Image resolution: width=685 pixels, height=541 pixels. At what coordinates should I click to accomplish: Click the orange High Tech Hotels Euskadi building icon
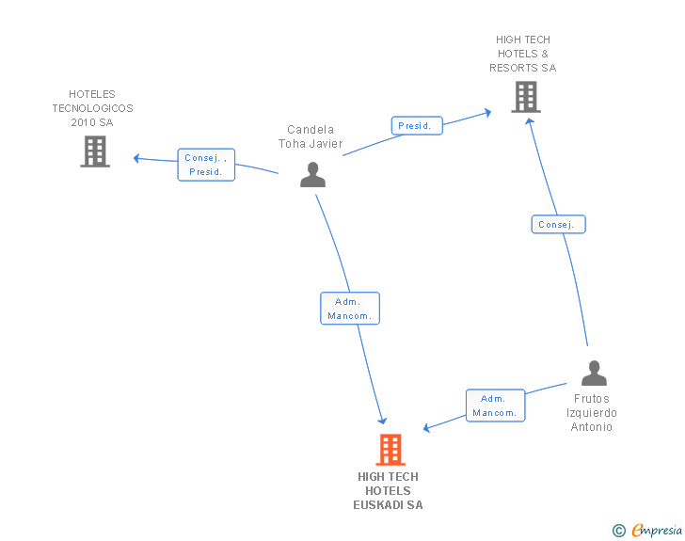[390, 450]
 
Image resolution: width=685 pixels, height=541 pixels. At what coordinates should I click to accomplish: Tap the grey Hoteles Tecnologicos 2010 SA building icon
[95, 151]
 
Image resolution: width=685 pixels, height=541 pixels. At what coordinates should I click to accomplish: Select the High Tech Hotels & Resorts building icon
[525, 96]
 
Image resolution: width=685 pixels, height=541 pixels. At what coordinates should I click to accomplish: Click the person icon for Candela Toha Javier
[312, 174]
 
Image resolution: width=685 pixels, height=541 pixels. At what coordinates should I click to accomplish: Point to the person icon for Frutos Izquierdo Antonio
[594, 374]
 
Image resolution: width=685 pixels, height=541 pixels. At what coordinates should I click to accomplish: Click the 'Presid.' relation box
[416, 125]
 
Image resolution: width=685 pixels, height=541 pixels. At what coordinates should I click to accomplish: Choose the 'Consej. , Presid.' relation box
[206, 165]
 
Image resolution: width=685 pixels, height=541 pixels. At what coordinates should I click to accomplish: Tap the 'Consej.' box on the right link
[558, 224]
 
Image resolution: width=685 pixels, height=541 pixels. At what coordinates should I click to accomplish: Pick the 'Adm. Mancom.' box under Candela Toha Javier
[350, 309]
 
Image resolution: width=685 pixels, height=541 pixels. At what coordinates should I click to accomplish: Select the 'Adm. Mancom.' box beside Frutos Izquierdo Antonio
[495, 406]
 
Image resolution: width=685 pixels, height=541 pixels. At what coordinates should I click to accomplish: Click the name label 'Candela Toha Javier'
[311, 137]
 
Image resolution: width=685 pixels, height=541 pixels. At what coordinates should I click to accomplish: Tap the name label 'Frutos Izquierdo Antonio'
[592, 413]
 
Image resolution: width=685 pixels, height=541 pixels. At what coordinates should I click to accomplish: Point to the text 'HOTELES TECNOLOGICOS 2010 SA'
[92, 108]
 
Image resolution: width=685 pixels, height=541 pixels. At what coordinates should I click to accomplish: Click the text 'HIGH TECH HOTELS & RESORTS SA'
[523, 54]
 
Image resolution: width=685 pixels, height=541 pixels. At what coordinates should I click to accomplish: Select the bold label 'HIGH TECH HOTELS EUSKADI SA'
[388, 490]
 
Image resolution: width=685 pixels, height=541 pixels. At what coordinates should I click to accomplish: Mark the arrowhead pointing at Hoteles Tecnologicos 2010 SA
[136, 158]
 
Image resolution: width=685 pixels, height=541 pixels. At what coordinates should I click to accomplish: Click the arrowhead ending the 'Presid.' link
[487, 112]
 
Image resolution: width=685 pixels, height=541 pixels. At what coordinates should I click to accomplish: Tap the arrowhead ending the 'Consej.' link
[529, 120]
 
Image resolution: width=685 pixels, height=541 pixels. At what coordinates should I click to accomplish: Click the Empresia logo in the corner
[657, 531]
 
